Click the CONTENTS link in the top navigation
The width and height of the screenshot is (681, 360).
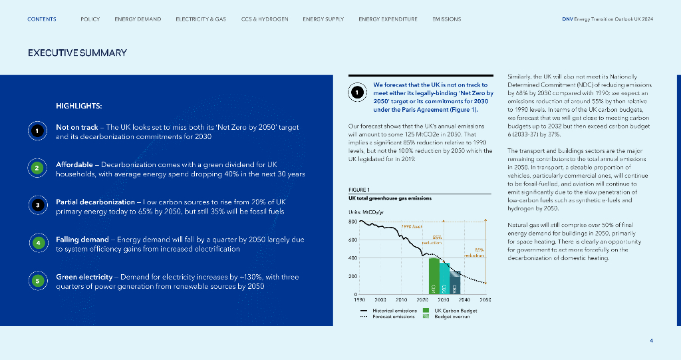(42, 19)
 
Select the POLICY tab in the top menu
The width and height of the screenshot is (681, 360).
(90, 19)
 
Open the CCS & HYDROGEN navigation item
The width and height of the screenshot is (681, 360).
(265, 19)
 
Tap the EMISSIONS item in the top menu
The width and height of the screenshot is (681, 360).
(446, 19)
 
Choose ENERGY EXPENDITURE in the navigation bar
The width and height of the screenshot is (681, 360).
(388, 19)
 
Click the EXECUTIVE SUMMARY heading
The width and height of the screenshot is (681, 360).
(77, 53)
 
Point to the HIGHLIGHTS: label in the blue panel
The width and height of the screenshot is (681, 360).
(78, 106)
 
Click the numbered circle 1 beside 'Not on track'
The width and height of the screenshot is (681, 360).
(39, 131)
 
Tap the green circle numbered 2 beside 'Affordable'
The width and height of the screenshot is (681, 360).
(39, 168)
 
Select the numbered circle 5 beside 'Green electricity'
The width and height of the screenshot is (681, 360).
(39, 281)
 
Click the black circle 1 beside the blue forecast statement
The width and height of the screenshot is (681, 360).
(357, 93)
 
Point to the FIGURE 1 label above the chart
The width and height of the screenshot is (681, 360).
(359, 190)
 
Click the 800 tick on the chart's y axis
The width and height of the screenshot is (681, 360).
(352, 222)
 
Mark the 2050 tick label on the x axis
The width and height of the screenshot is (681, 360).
(485, 300)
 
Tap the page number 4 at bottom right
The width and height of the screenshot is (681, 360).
(651, 341)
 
